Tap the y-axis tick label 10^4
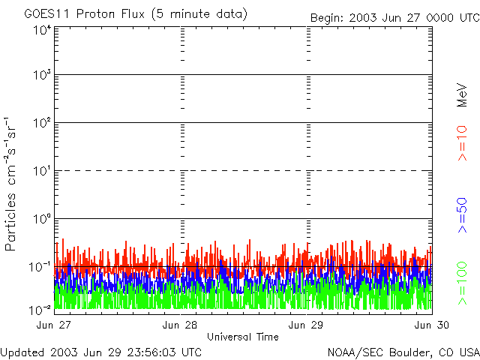43,30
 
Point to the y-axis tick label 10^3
43,75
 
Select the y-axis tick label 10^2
43,123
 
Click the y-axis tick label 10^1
43,171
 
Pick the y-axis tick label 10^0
43,219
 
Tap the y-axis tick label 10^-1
41,267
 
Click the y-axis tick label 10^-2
41,310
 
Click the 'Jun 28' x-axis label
180,325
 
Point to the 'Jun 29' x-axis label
307,325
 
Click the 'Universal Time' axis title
242,337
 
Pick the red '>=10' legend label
463,143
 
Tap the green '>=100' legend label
463,282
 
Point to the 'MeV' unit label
463,96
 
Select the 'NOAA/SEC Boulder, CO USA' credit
403,352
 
